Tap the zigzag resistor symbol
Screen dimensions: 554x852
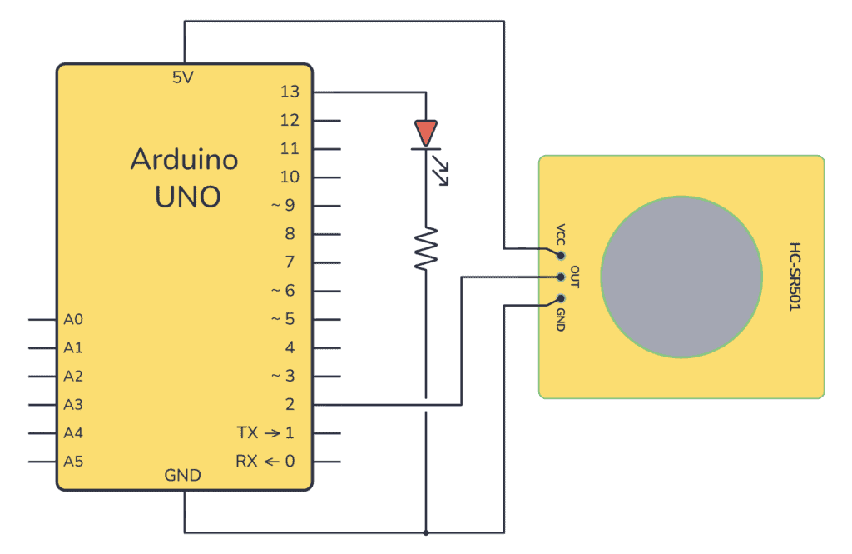point(425,247)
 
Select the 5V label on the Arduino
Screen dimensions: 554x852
point(183,77)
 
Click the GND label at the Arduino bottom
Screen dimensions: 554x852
point(182,476)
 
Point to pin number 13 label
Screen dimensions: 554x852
point(290,92)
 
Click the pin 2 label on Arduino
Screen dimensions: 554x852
point(290,405)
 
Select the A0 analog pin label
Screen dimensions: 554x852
point(73,319)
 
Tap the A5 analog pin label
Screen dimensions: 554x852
point(73,462)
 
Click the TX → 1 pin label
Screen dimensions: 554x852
point(265,433)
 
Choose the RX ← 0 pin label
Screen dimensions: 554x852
point(265,462)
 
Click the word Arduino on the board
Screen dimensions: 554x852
point(184,159)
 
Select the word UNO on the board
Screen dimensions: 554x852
point(187,197)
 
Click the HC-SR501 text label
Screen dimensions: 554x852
point(795,277)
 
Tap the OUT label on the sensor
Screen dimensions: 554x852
point(574,277)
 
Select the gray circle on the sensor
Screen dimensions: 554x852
point(681,277)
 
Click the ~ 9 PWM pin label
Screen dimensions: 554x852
point(283,206)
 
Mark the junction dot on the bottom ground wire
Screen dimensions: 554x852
point(425,532)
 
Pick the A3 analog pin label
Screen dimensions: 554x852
point(73,405)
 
